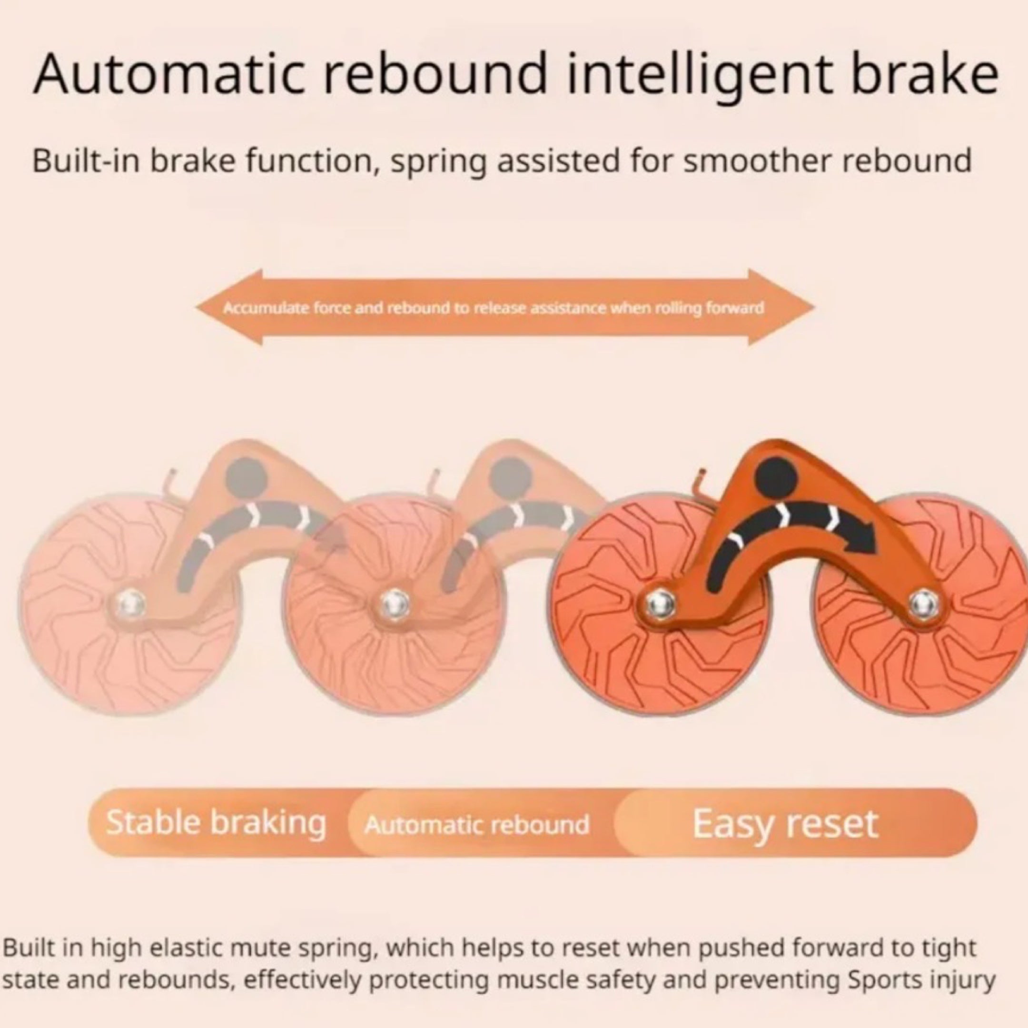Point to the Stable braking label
(x=216, y=822)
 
